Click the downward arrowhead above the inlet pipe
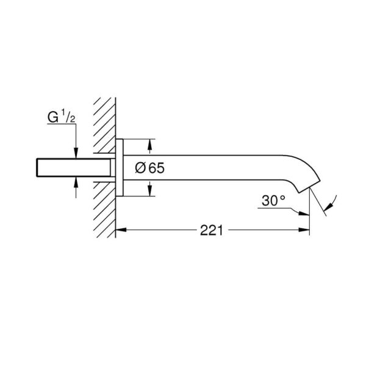click(75, 154)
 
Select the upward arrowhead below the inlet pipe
click(75, 180)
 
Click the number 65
click(156, 168)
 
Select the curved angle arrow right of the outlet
click(331, 204)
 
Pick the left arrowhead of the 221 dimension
click(120, 231)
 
